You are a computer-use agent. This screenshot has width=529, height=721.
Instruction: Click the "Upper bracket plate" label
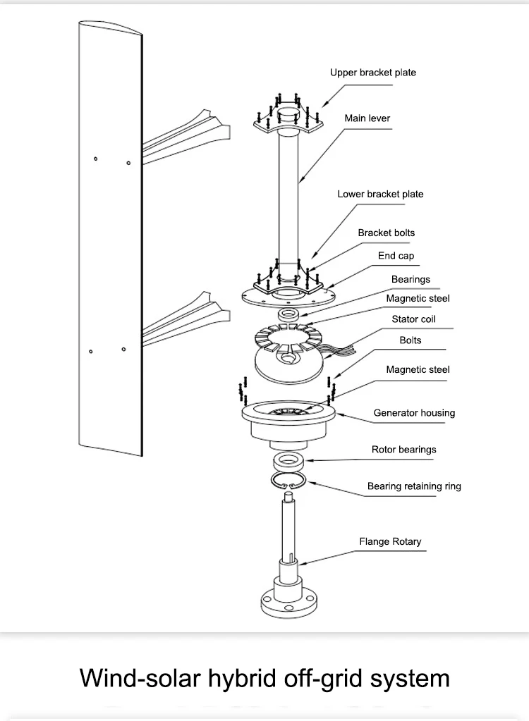373,73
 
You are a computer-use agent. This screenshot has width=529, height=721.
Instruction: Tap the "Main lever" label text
367,118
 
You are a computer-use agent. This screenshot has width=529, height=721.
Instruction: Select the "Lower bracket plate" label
380,194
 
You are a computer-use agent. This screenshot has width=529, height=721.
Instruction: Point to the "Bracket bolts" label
387,233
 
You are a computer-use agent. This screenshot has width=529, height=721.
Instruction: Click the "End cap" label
396,256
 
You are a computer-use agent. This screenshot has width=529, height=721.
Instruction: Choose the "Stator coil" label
413,319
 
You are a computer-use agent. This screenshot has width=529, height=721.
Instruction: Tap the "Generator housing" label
414,413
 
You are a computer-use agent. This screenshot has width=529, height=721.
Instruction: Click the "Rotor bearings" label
404,450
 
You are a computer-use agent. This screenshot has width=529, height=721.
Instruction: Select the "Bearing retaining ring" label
414,486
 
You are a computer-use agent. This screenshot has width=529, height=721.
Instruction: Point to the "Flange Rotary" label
390,542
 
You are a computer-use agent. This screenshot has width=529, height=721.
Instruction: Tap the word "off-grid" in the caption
323,678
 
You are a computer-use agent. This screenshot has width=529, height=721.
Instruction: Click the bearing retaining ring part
288,481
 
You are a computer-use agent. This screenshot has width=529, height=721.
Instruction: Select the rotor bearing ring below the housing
288,460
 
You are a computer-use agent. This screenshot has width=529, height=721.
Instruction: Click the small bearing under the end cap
289,315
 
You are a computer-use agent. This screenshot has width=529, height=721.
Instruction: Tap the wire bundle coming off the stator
341,351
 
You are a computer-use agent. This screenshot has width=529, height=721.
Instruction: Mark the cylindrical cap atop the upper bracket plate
288,115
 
